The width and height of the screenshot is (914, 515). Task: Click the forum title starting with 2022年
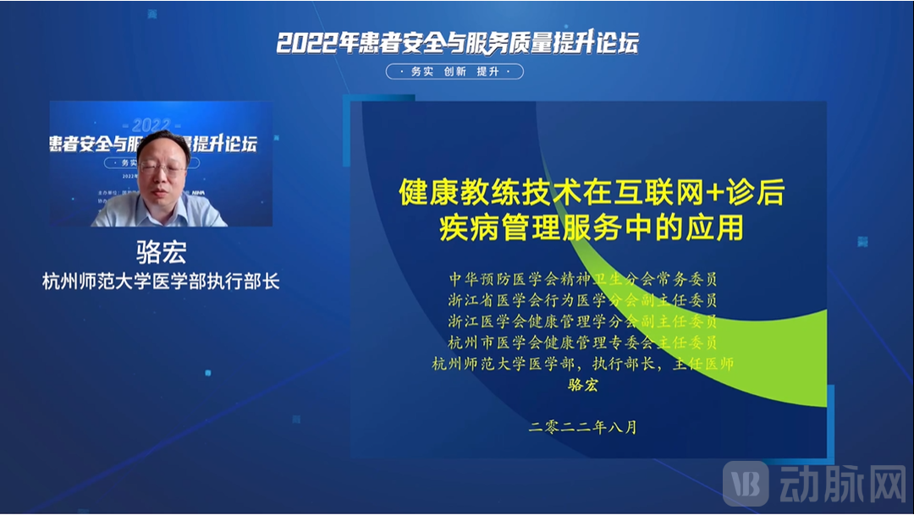click(x=457, y=42)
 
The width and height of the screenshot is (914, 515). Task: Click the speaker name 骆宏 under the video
click(x=161, y=252)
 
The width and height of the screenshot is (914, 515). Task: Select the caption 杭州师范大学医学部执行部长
click(x=161, y=282)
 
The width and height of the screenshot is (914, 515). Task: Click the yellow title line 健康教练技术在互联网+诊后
click(x=591, y=194)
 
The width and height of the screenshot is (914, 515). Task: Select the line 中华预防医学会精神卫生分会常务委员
click(x=582, y=277)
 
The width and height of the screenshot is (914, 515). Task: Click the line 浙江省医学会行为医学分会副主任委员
click(x=582, y=299)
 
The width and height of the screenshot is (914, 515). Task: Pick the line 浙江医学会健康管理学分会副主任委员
click(x=582, y=321)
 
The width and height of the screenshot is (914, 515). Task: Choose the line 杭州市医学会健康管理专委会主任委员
click(x=582, y=342)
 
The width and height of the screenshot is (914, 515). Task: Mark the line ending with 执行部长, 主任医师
click(x=582, y=364)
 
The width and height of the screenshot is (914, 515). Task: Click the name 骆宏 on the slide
click(x=582, y=386)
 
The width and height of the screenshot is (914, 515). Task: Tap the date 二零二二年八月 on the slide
click(x=582, y=427)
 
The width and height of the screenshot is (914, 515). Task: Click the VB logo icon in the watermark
click(x=746, y=484)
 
